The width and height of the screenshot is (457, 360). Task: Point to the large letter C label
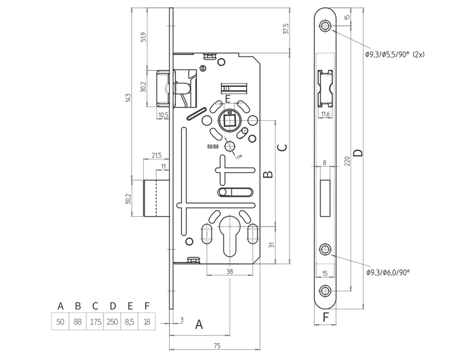(281, 147)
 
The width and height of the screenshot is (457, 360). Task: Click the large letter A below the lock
(199, 325)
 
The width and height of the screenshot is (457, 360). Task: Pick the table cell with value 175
(95, 322)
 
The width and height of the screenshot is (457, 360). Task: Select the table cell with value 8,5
(129, 322)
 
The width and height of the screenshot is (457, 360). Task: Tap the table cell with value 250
(112, 322)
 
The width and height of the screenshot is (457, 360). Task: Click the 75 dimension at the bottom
(216, 345)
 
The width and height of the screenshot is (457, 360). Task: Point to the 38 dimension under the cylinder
(230, 271)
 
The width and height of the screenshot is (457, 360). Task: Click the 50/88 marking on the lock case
(213, 146)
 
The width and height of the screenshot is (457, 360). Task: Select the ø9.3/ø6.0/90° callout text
(387, 273)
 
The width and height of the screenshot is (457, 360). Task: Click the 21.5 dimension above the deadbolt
(156, 155)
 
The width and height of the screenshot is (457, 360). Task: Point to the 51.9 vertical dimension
(143, 37)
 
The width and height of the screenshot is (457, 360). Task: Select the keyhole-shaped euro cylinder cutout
(230, 239)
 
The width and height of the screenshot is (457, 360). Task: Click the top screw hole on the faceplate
(325, 27)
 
